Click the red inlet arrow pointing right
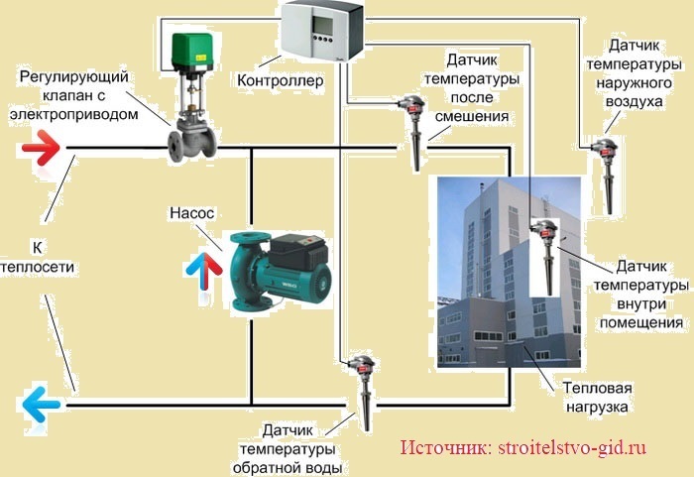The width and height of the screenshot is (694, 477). point(41,150)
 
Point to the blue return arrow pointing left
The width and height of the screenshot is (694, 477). point(41,404)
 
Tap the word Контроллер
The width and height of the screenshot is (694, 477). point(280,79)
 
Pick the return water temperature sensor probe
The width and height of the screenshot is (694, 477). point(365,392)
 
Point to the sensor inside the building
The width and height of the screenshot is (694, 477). point(546,253)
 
